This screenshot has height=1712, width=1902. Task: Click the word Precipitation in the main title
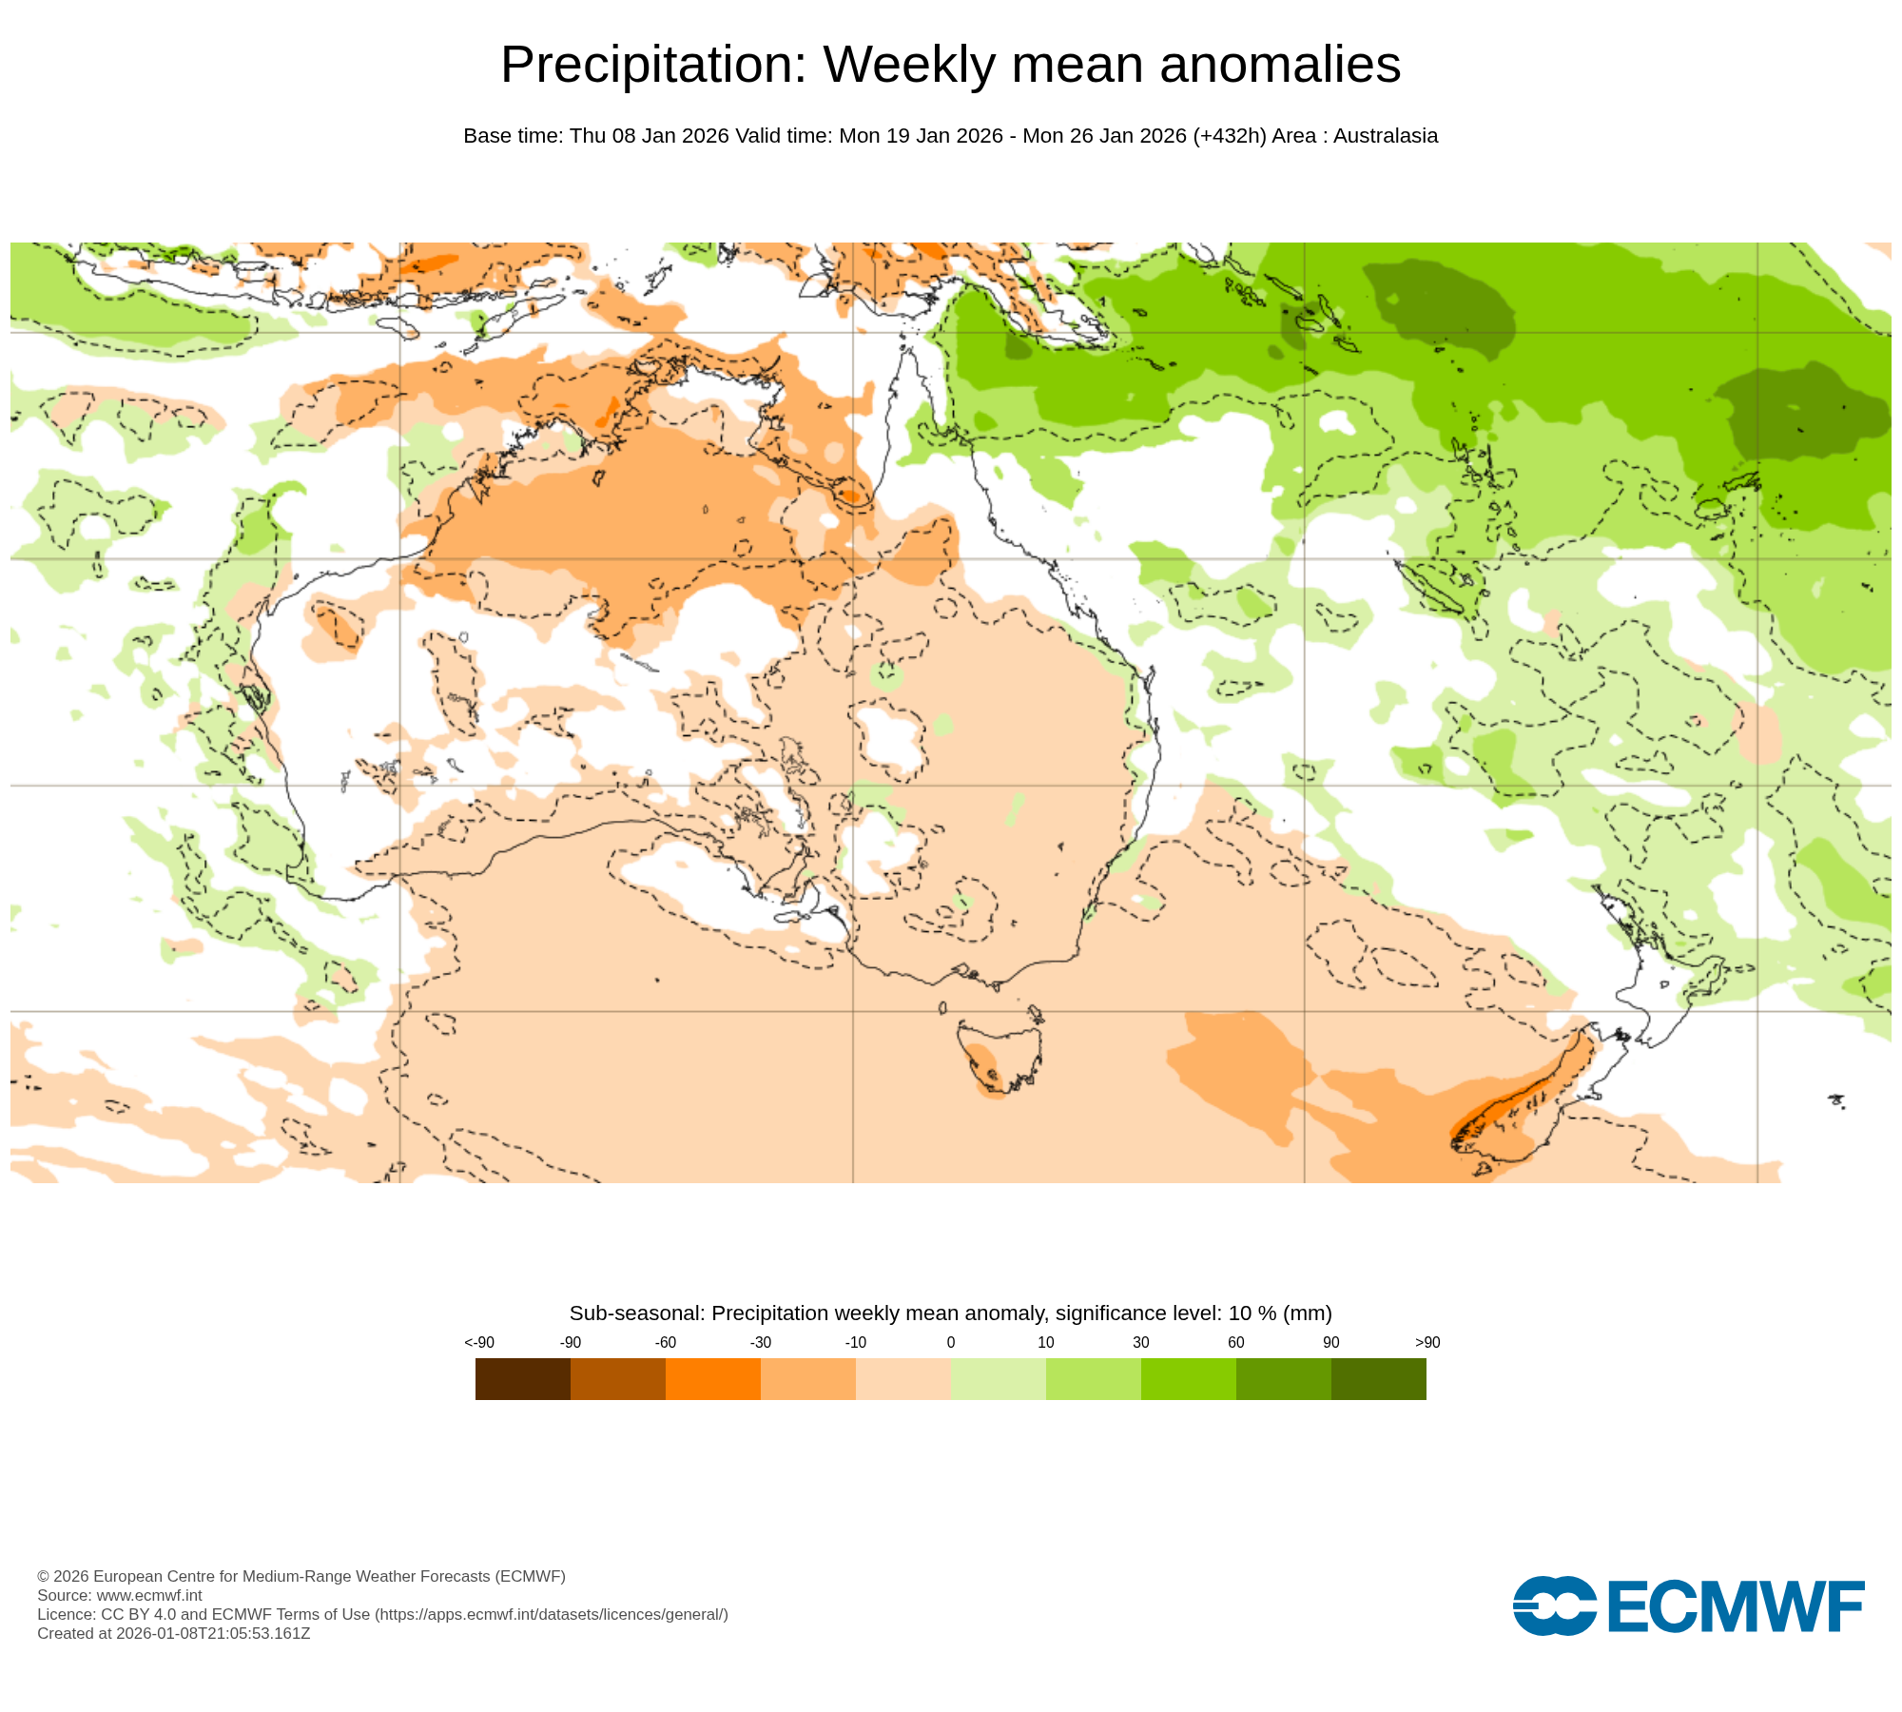click(652, 65)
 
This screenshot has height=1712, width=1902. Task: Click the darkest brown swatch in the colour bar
click(522, 1378)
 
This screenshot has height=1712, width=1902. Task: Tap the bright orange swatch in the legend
click(712, 1378)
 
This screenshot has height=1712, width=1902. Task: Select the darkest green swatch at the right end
click(1378, 1378)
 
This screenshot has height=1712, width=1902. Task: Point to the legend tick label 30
click(1140, 1342)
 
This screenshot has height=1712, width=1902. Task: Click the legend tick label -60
click(665, 1342)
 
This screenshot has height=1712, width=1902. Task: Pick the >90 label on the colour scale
click(1426, 1342)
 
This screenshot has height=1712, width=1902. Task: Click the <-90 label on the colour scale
click(478, 1342)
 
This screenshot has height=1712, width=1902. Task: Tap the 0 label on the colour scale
click(950, 1342)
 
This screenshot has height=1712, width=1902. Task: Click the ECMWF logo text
click(1736, 1607)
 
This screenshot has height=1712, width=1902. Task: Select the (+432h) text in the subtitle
click(1229, 136)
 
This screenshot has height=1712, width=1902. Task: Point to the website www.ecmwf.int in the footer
click(149, 1595)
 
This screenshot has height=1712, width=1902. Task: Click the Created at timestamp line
click(173, 1633)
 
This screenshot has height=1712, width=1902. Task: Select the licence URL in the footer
click(552, 1614)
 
